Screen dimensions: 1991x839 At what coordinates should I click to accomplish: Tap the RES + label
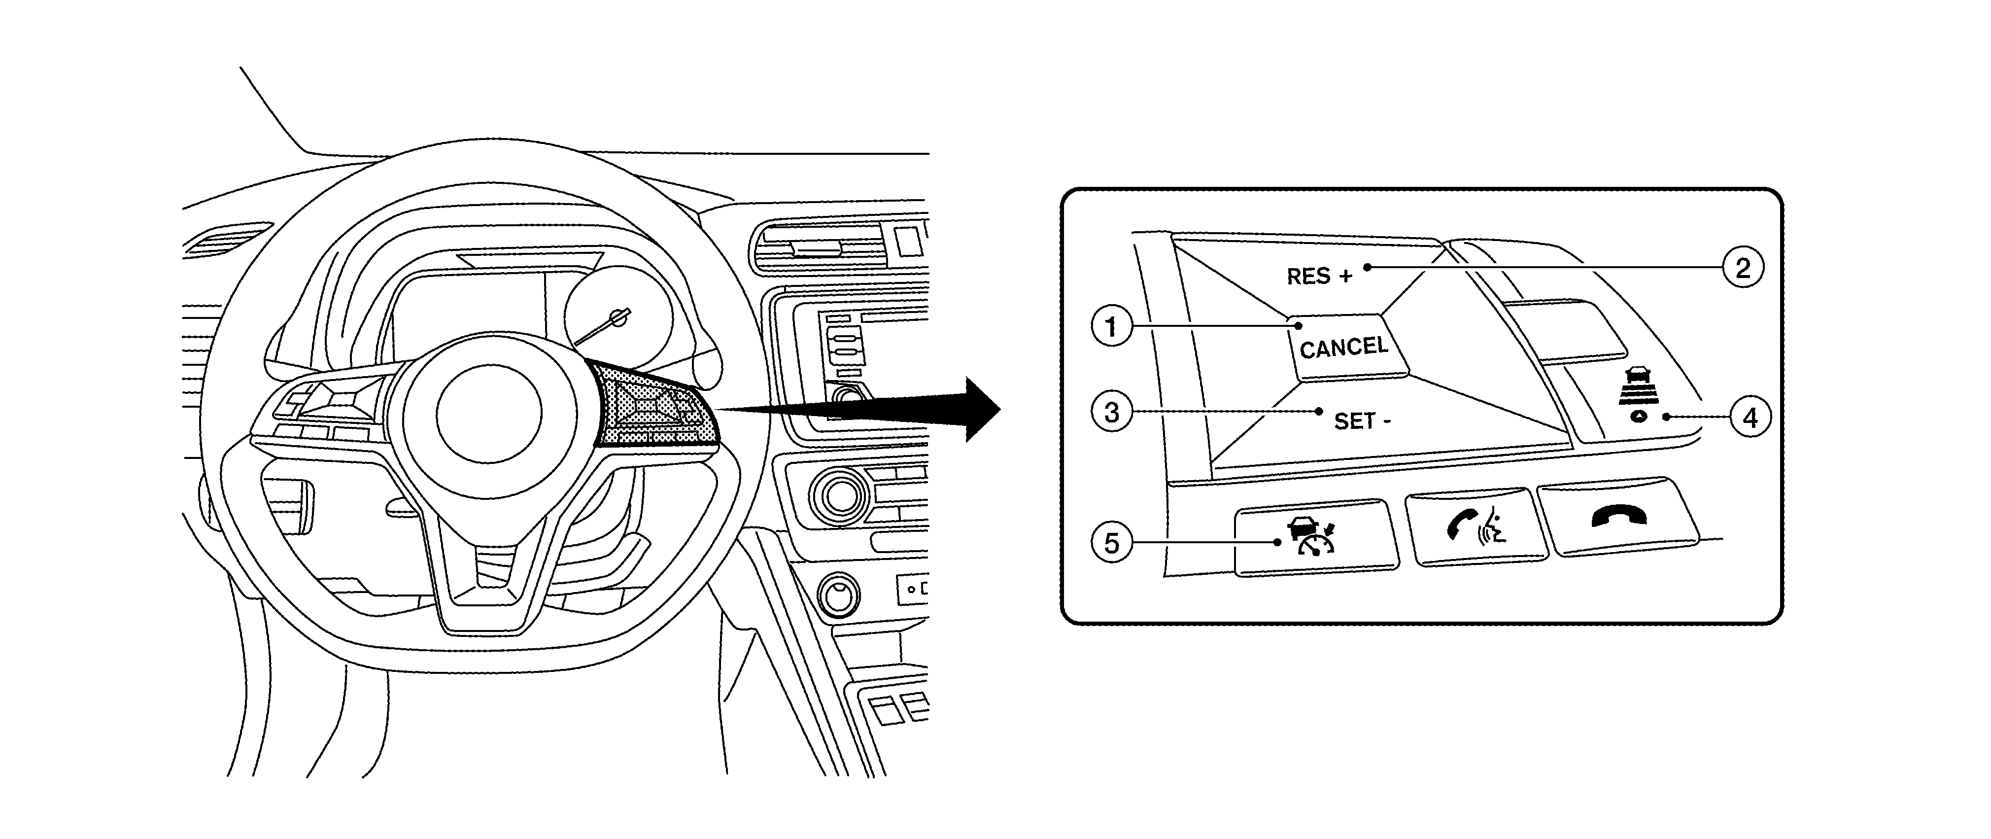pyautogui.click(x=1319, y=276)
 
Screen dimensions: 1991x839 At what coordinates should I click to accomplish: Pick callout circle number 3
pyautogui.click(x=1111, y=412)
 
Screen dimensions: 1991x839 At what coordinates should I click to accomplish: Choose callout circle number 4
pyautogui.click(x=1750, y=418)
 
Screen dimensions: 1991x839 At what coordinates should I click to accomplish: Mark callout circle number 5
pyautogui.click(x=1111, y=543)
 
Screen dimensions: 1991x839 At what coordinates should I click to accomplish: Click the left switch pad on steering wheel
pyautogui.click(x=325, y=404)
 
